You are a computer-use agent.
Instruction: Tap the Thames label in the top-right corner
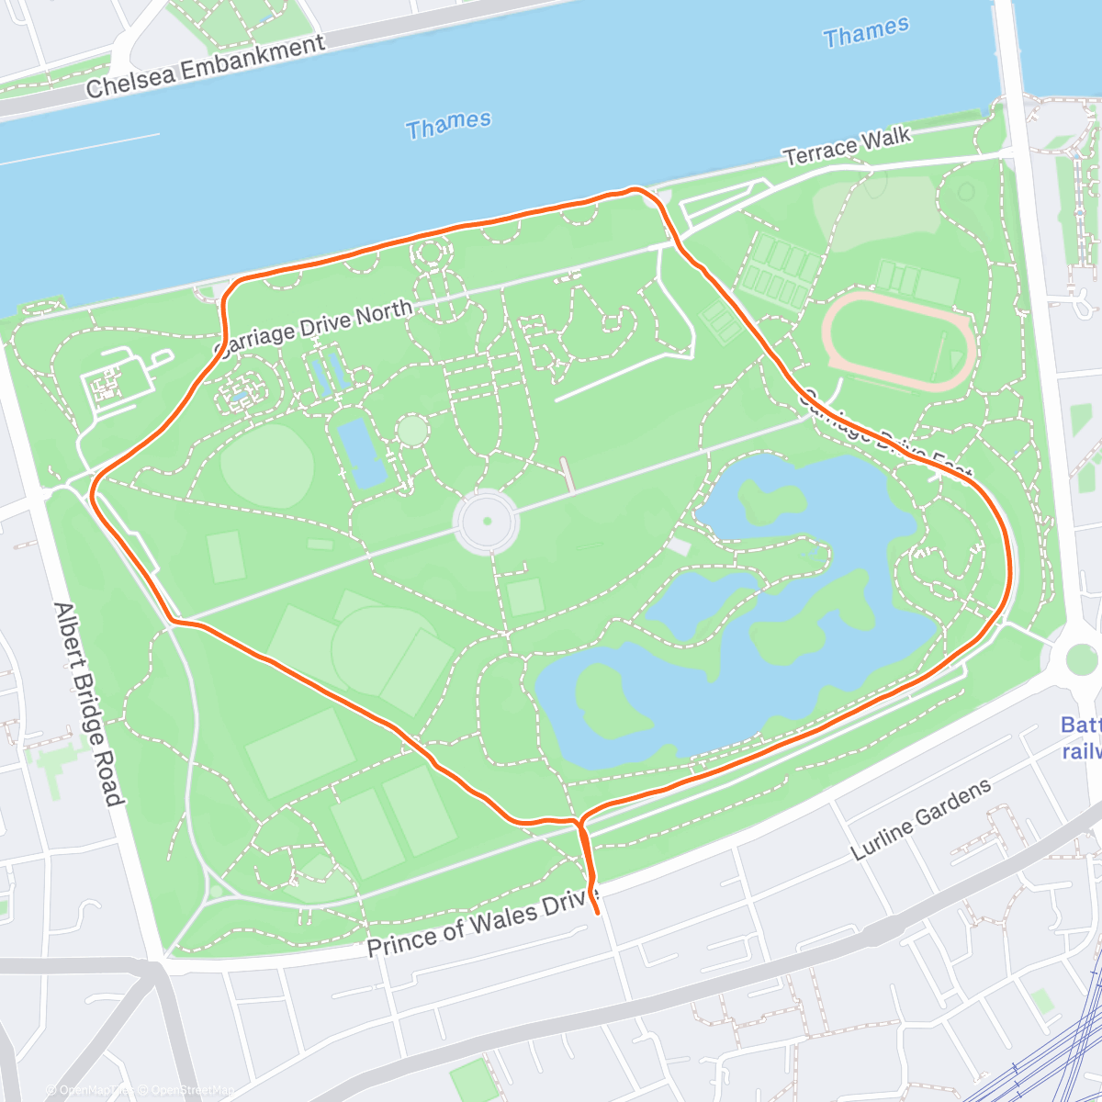pyautogui.click(x=866, y=33)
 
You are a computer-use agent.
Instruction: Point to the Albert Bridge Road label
pyautogui.click(x=88, y=703)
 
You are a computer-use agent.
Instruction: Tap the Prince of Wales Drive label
pyautogui.click(x=483, y=921)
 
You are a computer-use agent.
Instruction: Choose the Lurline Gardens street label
pyautogui.click(x=921, y=819)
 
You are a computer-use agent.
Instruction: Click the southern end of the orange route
pyautogui.click(x=598, y=913)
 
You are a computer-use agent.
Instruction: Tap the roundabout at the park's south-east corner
pyautogui.click(x=1082, y=658)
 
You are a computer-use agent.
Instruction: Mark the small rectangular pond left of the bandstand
pyautogui.click(x=361, y=454)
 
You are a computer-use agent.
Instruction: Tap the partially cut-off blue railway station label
pyautogui.click(x=1081, y=737)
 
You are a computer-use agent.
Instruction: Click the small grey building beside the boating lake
pyautogui.click(x=678, y=546)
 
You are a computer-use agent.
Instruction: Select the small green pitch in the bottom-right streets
pyautogui.click(x=1041, y=1000)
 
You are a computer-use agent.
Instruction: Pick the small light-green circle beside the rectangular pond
pyautogui.click(x=412, y=430)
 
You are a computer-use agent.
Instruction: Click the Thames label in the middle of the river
pyautogui.click(x=449, y=125)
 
